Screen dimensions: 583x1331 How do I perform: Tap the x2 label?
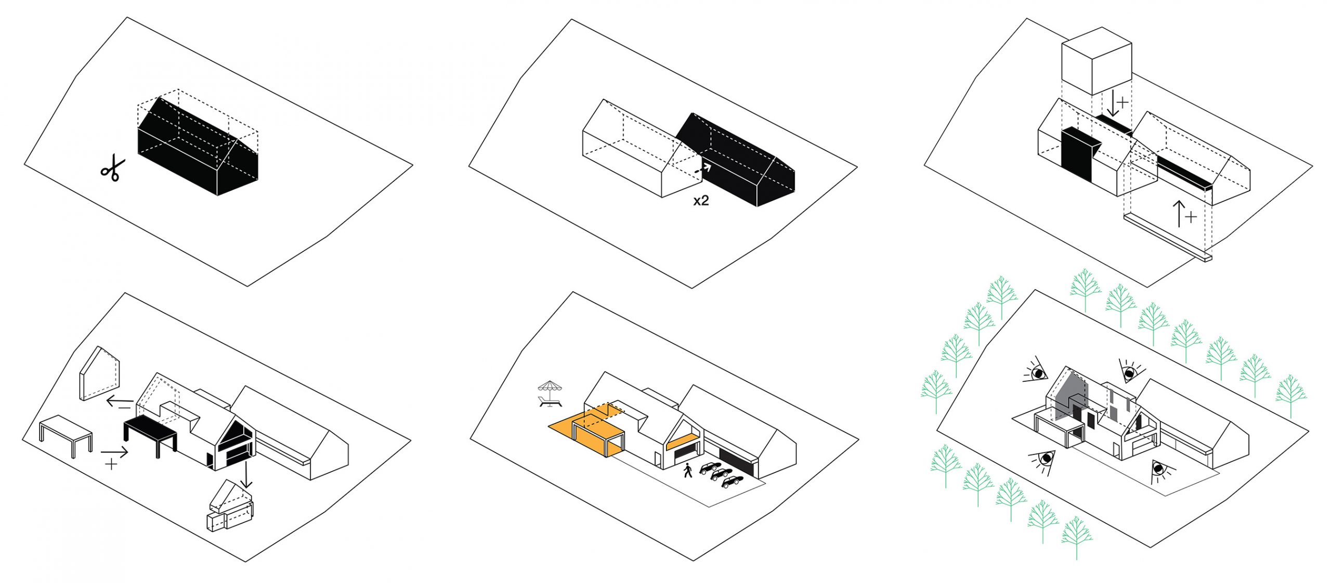[701, 201]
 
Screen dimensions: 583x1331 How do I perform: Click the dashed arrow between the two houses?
[703, 168]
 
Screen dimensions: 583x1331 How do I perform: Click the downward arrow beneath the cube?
[1112, 104]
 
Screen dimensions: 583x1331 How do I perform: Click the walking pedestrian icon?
[688, 470]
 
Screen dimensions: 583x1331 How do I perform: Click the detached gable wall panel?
[100, 373]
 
